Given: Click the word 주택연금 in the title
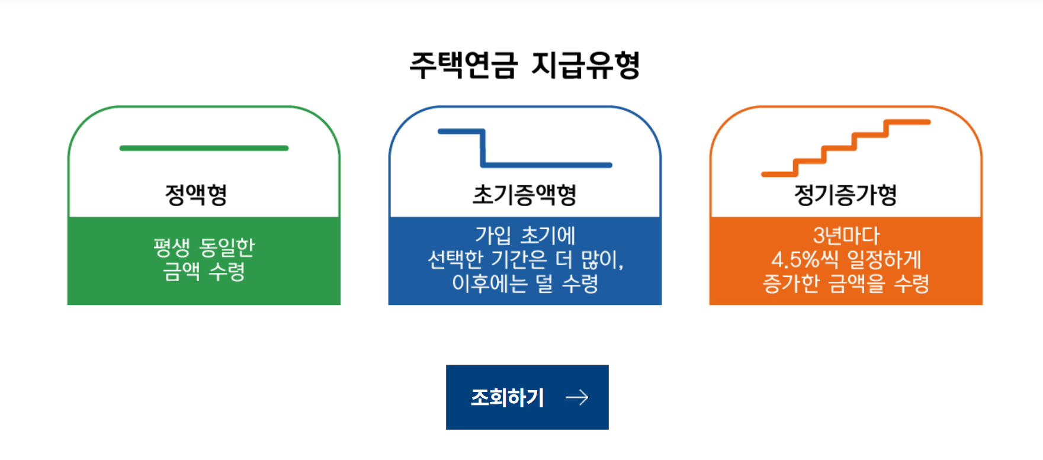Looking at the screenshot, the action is tap(463, 65).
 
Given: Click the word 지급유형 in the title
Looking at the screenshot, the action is tap(585, 65).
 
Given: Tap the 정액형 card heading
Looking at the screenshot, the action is tap(196, 194).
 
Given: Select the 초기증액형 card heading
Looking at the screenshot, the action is tap(524, 194).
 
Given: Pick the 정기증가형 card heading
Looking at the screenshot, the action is tap(845, 194).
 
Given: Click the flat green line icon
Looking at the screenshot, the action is tap(204, 148).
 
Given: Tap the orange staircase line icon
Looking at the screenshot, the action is tap(846, 148).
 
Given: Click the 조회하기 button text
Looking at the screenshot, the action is tap(508, 397).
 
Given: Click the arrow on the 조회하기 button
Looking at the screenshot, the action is tap(577, 397).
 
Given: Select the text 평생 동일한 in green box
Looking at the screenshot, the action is tap(204, 247).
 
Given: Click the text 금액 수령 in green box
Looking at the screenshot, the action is tap(204, 271).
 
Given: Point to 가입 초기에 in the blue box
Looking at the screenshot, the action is tap(525, 235).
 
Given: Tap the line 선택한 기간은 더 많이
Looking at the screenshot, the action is tap(525, 259).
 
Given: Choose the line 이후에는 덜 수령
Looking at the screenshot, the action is tap(525, 283).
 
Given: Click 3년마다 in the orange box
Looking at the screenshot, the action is tap(846, 236).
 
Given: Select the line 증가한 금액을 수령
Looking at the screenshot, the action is tap(846, 283).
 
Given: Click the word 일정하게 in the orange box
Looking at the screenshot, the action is tap(884, 259).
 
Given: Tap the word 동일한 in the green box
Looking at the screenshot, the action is tap(227, 247).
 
